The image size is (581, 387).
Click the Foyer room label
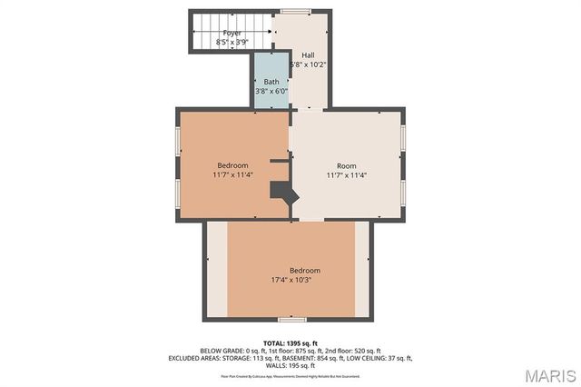[x=233, y=33]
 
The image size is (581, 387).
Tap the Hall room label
[x=308, y=55]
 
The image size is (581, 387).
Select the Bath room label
[x=271, y=82]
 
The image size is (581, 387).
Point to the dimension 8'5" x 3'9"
[x=233, y=42]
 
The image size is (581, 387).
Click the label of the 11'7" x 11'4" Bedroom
[x=232, y=165]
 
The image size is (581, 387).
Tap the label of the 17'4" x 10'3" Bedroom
[x=304, y=271]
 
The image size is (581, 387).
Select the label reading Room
[x=346, y=165]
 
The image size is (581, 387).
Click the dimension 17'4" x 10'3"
[x=290, y=281]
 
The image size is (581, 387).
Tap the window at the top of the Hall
[x=295, y=11]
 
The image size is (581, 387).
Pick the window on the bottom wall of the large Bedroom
[x=290, y=319]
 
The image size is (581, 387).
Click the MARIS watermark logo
[x=542, y=373]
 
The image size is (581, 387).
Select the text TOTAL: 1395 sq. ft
[x=290, y=342]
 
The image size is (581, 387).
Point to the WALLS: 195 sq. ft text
[x=290, y=367]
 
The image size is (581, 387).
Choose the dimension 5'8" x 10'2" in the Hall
[x=309, y=64]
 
